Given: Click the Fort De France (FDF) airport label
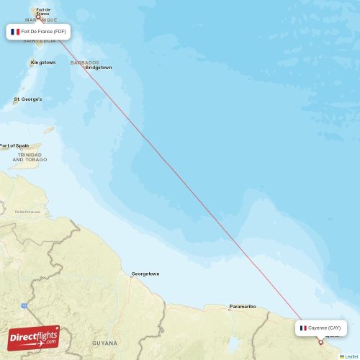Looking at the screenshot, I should tap(39, 32).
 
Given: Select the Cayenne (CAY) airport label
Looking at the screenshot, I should tap(321, 328).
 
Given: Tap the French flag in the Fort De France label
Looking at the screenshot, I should tap(15, 32).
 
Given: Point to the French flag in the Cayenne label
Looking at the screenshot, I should tap(303, 328).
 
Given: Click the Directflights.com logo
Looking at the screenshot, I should tap(33, 337).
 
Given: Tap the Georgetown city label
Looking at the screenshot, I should tap(145, 274).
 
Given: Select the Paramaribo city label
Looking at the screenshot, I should tap(243, 306).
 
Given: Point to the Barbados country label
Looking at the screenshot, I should tap(84, 63).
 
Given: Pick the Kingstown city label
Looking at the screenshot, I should tap(43, 63).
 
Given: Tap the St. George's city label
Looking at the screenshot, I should tap(28, 99).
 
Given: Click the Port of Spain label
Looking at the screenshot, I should tap(14, 145).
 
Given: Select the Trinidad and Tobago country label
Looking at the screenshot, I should tap(30, 157).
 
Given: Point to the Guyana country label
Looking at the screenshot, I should tap(105, 343).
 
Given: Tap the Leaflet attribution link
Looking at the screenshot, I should tap(351, 356).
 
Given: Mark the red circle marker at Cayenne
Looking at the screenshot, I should tap(320, 342).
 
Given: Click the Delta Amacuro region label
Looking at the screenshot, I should tap(27, 212).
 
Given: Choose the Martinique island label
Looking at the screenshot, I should tap(41, 20).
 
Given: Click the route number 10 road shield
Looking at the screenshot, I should tap(24, 306).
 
